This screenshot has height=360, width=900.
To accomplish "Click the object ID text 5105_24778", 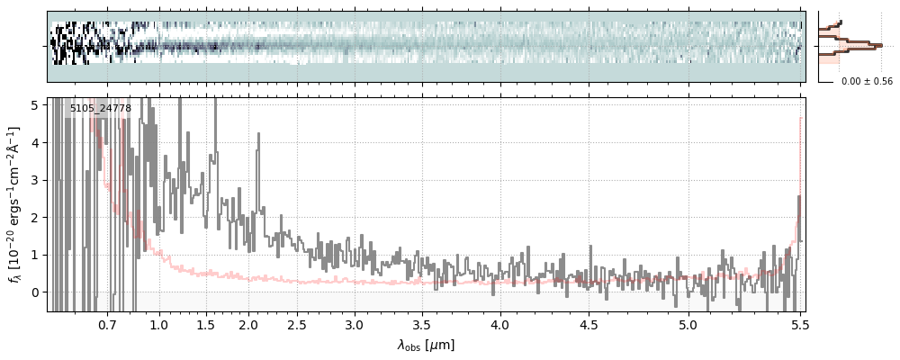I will [101, 109].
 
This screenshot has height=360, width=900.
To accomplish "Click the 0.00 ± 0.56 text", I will [867, 81].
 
